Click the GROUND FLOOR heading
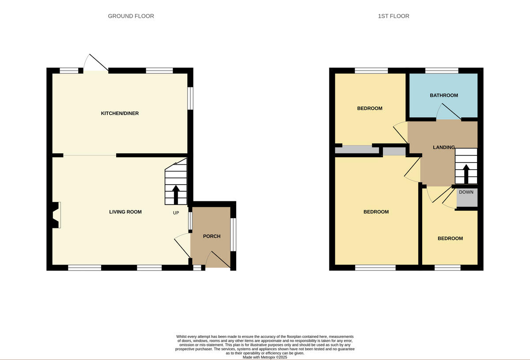click(131, 16)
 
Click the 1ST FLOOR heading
click(394, 16)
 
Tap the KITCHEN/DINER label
click(120, 114)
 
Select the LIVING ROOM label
click(125, 212)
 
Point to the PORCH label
click(212, 236)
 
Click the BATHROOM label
click(444, 95)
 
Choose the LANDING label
click(443, 147)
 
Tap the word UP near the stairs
click(176, 213)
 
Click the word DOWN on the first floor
click(466, 192)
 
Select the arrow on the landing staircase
click(466, 174)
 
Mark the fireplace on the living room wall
click(56, 215)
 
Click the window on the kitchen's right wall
click(190, 98)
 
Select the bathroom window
click(442, 70)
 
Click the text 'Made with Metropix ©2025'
click(265, 357)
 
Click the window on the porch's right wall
click(233, 235)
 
